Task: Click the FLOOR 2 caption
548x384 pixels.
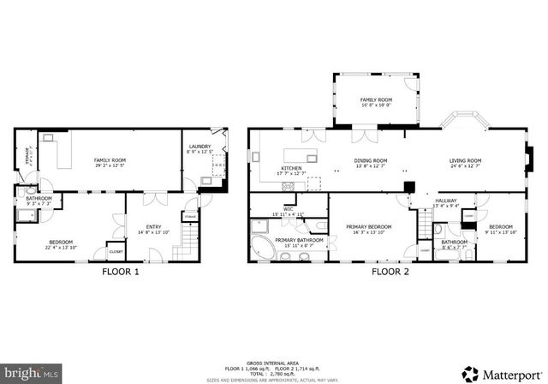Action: [x=390, y=273]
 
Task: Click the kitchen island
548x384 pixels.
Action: [x=300, y=153]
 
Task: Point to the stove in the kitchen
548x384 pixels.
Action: [x=292, y=187]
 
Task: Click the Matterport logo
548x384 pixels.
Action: [x=501, y=373]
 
